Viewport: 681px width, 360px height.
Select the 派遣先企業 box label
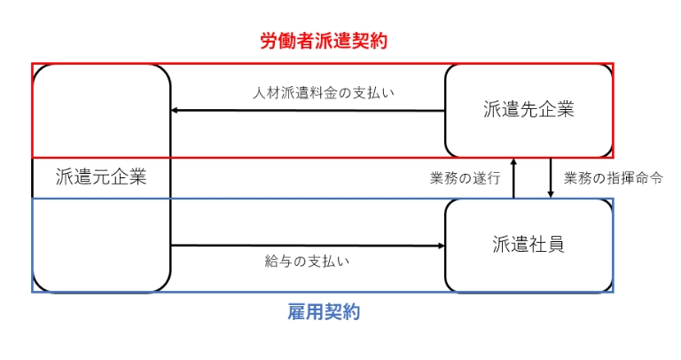528,110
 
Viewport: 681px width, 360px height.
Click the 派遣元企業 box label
100,176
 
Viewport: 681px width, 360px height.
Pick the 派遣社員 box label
528,245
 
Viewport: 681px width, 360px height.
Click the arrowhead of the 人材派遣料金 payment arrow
175,111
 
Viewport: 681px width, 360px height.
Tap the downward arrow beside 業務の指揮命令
551,177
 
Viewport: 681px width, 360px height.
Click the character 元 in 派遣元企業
100,176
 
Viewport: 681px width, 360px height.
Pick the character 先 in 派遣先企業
528,110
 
